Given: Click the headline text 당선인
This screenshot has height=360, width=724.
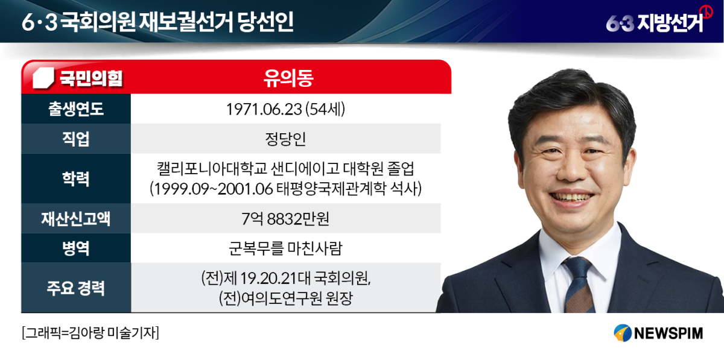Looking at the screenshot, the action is [265, 22].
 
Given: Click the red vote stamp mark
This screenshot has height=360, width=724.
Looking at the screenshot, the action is [706, 12].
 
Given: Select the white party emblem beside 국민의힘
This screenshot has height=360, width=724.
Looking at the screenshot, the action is [43, 78].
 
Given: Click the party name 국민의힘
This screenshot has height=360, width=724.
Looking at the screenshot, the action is [91, 78].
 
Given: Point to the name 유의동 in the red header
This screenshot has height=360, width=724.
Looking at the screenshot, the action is [288, 78].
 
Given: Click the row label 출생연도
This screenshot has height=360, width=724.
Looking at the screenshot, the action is [76, 109].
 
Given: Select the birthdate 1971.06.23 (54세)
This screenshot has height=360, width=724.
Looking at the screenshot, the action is [285, 109].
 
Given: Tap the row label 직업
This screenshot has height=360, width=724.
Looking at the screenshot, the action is [76, 139].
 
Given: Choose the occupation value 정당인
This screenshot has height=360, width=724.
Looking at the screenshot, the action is [285, 139].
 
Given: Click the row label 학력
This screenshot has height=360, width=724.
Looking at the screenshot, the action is [76, 178].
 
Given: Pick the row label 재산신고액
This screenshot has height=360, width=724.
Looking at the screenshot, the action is [76, 218].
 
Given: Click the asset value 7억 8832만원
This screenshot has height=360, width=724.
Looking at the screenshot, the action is [285, 219].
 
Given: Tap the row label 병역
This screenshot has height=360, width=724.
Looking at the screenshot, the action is [76, 248].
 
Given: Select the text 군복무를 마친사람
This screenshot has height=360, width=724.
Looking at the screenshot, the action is [285, 248].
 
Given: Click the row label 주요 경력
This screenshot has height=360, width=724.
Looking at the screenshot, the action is [76, 288].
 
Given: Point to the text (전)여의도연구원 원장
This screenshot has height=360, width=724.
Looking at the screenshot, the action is [285, 298].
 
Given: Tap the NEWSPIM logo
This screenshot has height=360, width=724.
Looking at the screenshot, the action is [658, 333].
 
